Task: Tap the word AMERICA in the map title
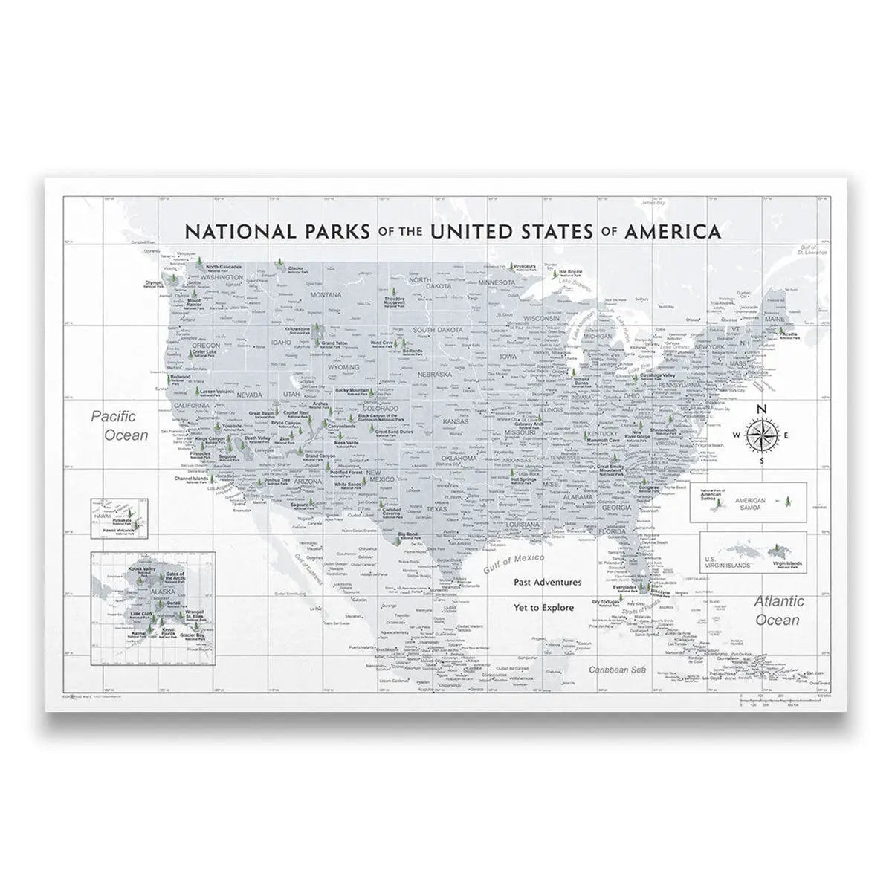click(x=673, y=230)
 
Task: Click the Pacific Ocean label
click(x=120, y=426)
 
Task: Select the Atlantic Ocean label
click(x=778, y=610)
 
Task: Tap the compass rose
click(x=760, y=435)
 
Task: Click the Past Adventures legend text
click(x=547, y=583)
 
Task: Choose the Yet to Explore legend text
click(x=543, y=607)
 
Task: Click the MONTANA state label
click(x=326, y=295)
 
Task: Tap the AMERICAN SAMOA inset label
click(x=749, y=503)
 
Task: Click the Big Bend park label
click(x=407, y=534)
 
